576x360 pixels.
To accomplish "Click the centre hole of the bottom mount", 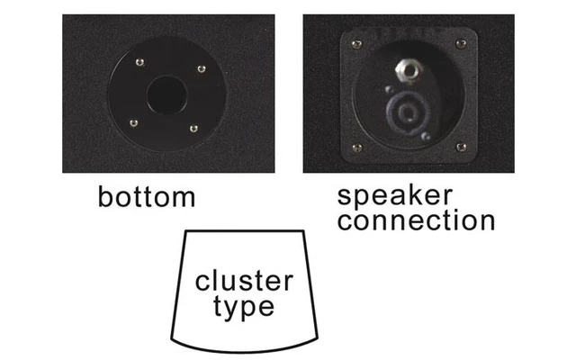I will point(166,94).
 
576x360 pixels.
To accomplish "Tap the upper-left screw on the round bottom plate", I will point(138,62).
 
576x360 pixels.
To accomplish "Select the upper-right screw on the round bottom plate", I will point(201,68).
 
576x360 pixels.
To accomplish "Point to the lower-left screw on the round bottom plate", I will point(133,122).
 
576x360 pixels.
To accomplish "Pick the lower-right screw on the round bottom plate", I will point(193,128).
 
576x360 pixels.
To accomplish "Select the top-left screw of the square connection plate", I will point(356,44).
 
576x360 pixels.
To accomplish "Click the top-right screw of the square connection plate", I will point(461,43).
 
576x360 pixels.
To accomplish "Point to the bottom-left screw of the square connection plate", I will point(356,147).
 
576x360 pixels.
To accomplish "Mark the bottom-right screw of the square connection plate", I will point(461,146).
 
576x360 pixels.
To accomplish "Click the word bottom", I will point(146,196).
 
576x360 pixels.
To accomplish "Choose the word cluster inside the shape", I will point(244,282).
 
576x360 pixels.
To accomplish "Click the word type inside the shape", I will point(244,307).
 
